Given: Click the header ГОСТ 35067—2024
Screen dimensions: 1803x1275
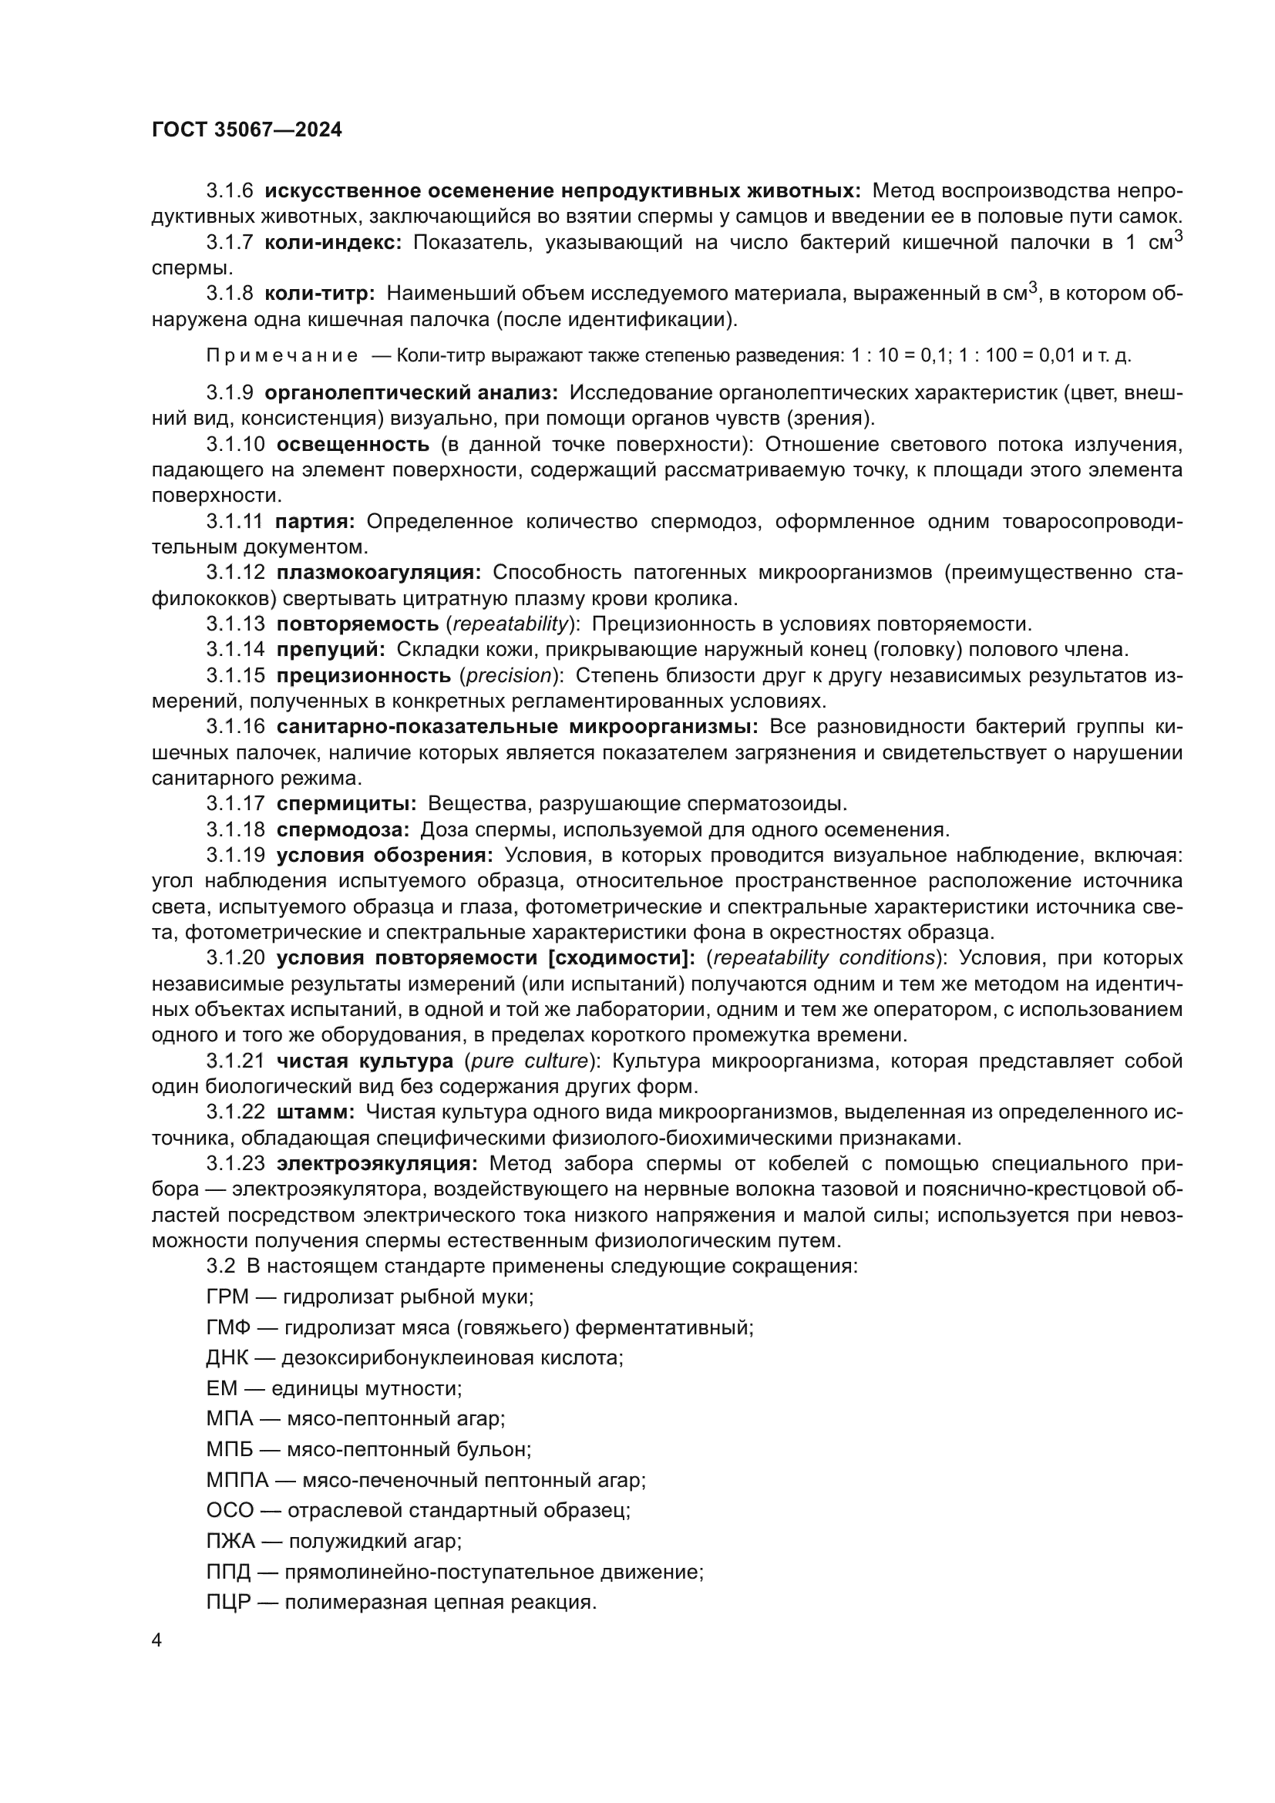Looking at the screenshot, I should click(x=247, y=130).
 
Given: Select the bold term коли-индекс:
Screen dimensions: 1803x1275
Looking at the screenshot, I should click(x=333, y=244).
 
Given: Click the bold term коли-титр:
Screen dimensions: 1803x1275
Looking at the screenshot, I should click(x=320, y=294).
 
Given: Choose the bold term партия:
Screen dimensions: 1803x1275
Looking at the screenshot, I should click(x=315, y=521).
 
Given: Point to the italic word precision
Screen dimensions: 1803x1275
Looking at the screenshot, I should click(x=509, y=675).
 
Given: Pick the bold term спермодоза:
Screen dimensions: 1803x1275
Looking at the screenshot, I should click(x=342, y=830).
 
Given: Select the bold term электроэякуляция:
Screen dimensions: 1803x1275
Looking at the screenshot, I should click(x=376, y=1164).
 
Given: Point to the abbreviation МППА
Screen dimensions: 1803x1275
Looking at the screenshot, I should click(x=237, y=1480).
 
